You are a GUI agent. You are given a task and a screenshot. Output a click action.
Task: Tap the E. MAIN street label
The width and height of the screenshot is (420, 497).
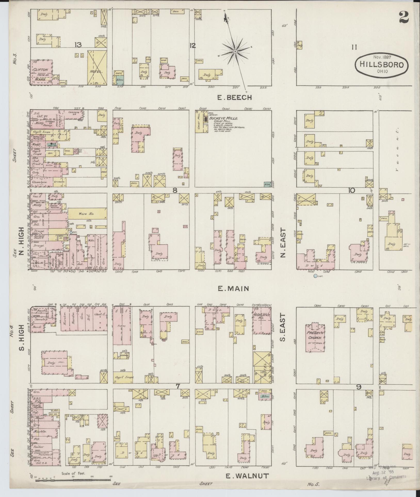233,289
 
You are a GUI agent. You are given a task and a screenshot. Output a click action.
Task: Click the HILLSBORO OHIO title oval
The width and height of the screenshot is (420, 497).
382,64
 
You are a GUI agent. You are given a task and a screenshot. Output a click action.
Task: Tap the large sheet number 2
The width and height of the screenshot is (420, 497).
406,18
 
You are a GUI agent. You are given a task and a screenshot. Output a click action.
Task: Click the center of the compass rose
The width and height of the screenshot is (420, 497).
235,52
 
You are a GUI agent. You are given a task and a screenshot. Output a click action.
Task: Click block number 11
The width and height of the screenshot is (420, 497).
354,47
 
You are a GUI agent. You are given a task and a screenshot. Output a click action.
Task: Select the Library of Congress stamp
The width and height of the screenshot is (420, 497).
386,479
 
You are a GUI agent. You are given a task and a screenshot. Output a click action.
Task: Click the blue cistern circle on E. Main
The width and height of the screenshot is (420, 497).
315,276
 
